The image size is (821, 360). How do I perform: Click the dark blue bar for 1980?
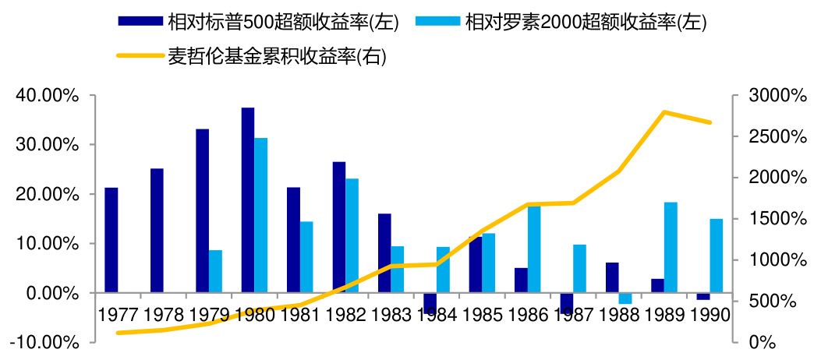tap(248, 200)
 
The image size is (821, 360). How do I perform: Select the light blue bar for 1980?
tap(261, 215)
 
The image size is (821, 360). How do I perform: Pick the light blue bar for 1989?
tap(671, 247)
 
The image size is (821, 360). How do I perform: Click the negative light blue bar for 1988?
tap(625, 298)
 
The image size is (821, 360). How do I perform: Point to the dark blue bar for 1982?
tap(339, 228)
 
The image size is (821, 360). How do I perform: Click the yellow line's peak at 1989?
tap(664, 112)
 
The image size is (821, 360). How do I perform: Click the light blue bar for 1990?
tap(716, 256)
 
